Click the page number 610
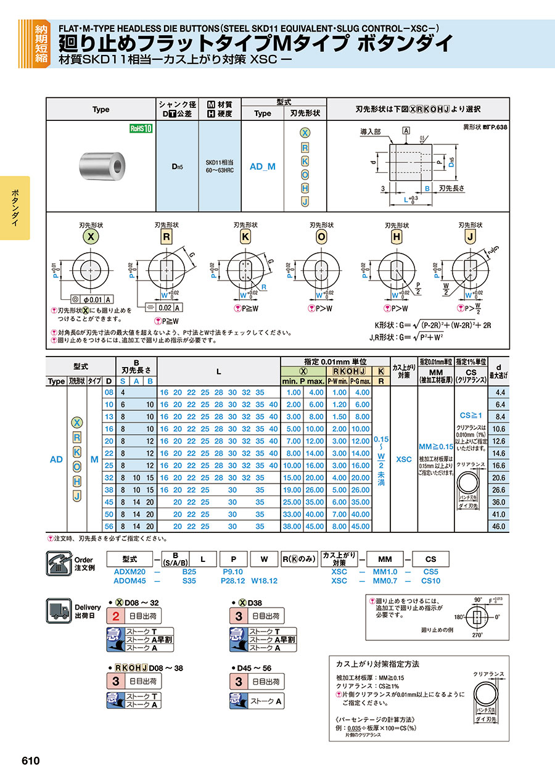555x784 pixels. [x=31, y=761]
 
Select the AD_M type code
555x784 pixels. [x=262, y=167]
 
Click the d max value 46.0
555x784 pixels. [x=498, y=527]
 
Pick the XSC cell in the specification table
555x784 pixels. [x=404, y=460]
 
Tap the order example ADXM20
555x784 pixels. [x=129, y=572]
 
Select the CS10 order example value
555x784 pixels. [x=430, y=580]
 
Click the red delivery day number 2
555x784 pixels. [x=115, y=616]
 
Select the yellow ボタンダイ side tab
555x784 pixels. [x=15, y=208]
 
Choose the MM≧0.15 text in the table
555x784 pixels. [x=435, y=446]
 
